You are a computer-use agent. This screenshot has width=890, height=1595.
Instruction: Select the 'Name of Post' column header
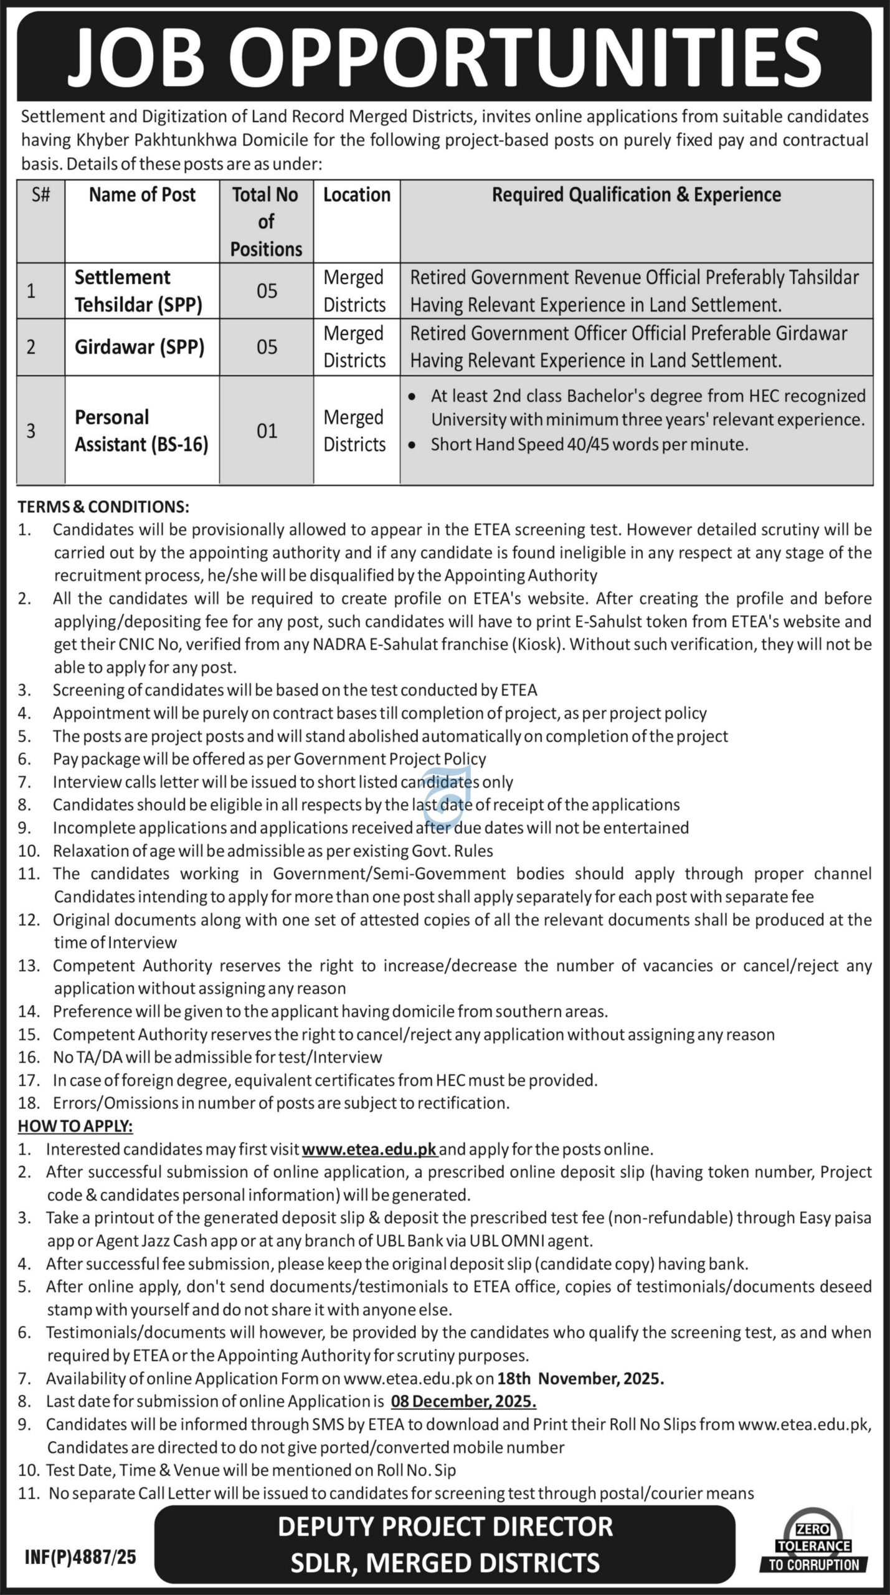click(x=142, y=195)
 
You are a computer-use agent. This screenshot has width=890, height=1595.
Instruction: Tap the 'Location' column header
click(x=356, y=195)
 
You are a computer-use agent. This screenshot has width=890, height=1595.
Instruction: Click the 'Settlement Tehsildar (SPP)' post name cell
click(x=138, y=291)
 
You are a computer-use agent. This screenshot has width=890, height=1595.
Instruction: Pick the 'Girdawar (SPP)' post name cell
click(x=140, y=347)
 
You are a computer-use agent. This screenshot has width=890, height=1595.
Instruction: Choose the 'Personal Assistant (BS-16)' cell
click(x=141, y=431)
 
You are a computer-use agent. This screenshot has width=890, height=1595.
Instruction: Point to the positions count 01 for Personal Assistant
click(x=267, y=431)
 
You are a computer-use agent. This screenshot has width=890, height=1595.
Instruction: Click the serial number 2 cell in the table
click(x=31, y=347)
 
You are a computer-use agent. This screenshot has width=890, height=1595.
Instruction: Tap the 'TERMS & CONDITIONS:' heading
click(x=103, y=507)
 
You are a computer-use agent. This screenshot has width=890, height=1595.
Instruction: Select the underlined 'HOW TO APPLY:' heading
click(x=75, y=1126)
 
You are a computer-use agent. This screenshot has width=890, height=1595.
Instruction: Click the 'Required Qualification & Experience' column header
click(x=636, y=195)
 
